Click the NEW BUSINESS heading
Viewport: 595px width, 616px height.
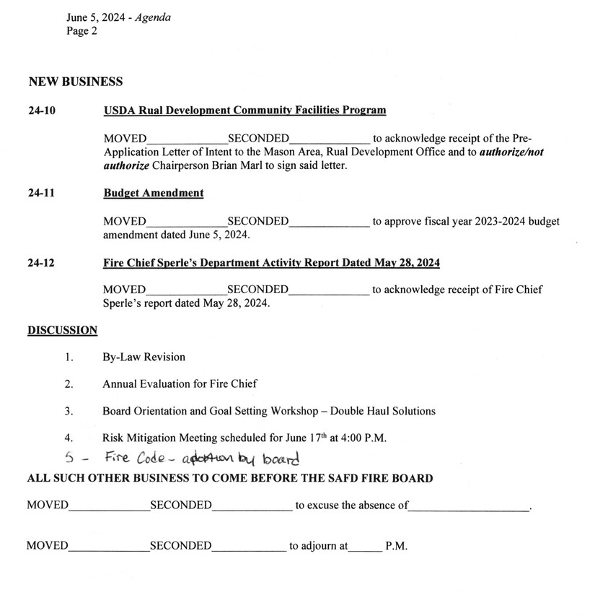tap(75, 82)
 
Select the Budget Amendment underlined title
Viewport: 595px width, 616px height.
tap(153, 193)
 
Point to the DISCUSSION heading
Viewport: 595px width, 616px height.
tap(62, 331)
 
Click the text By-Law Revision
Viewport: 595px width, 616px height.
tap(144, 357)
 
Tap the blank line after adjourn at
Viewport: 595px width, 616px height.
tap(364, 547)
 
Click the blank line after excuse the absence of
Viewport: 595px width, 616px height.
tap(468, 506)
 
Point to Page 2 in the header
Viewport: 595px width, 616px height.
tap(81, 30)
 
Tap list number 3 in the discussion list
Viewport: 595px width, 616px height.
tap(69, 411)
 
